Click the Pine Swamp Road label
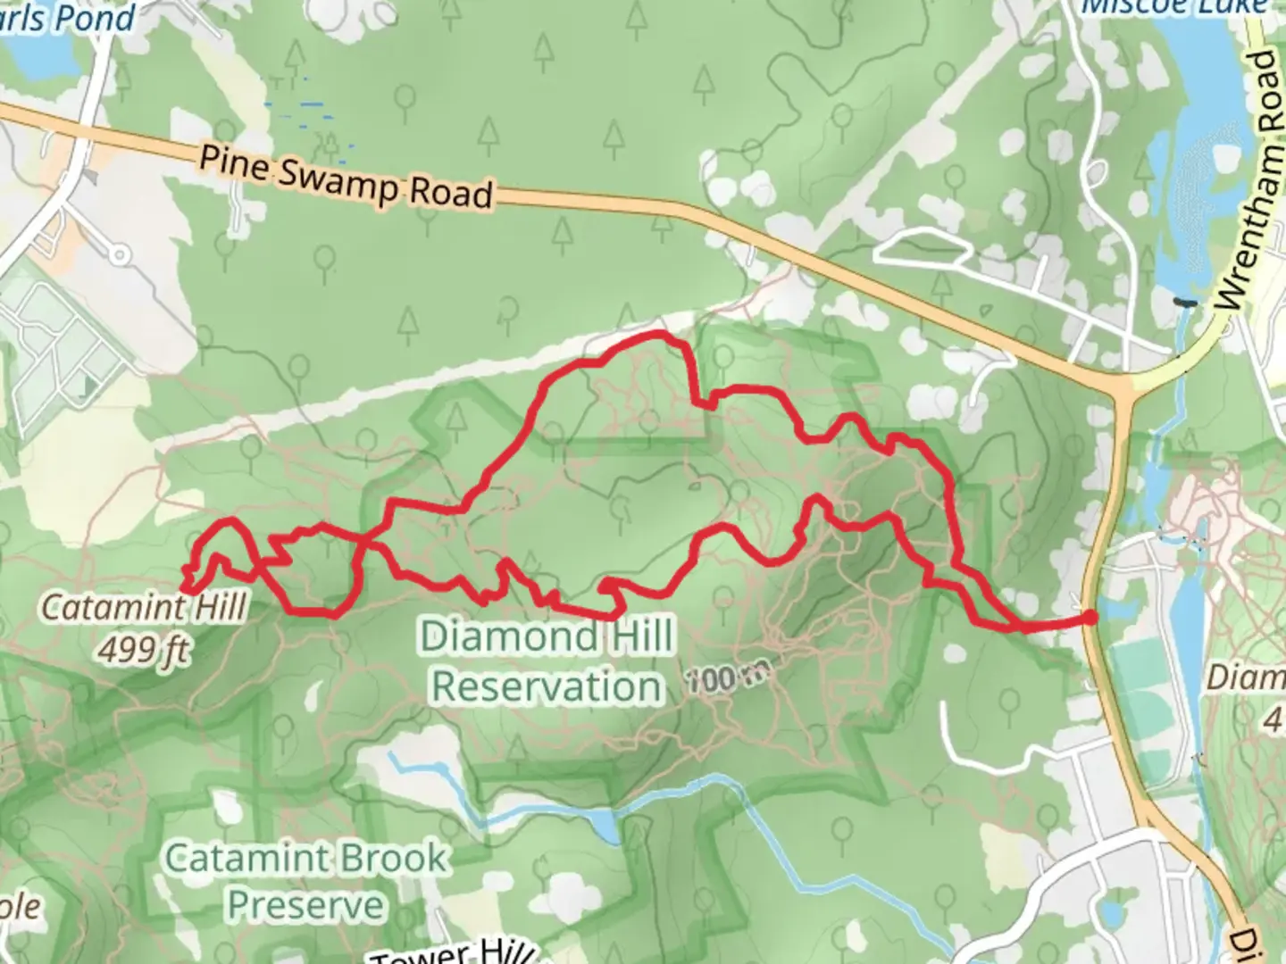point(346,177)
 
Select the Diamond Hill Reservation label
point(547,661)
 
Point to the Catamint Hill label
point(144,608)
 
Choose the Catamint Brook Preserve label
point(305,881)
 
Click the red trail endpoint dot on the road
point(1090,617)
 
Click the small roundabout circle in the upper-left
point(119,254)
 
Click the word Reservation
point(547,686)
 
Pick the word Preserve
point(305,905)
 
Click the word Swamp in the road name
point(339,177)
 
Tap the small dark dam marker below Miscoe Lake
point(1185,303)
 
